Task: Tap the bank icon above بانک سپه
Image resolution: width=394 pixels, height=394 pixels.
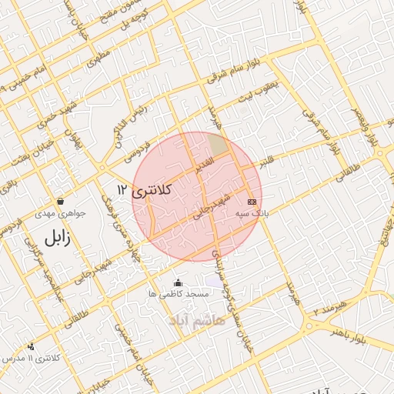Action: click(251, 202)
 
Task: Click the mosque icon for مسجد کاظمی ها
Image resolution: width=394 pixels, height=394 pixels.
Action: click(179, 282)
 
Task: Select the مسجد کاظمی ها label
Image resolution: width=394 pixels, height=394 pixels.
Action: click(179, 295)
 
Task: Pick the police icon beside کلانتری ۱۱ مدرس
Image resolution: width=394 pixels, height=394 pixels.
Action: click(31, 347)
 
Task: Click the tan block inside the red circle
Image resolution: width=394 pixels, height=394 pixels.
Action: click(219, 145)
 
